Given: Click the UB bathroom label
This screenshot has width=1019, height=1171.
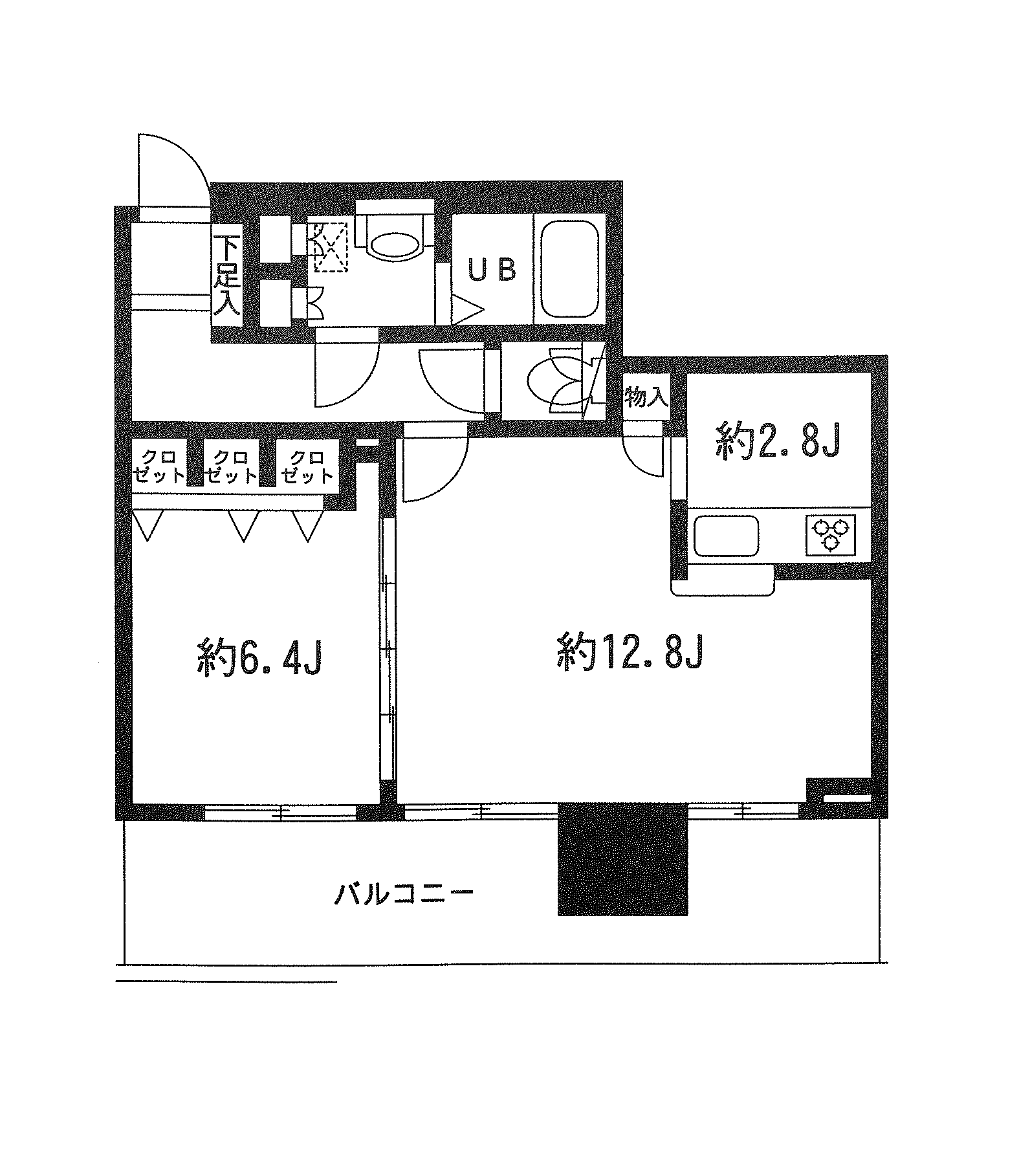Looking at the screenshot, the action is coord(492,270).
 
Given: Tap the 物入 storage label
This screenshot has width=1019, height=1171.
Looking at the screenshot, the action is coord(646,397).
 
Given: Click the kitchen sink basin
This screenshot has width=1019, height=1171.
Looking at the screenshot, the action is coord(726,535).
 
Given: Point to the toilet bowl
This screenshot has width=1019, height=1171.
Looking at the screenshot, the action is coord(394,245).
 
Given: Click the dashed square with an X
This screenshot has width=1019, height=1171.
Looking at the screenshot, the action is coord(331,246).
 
